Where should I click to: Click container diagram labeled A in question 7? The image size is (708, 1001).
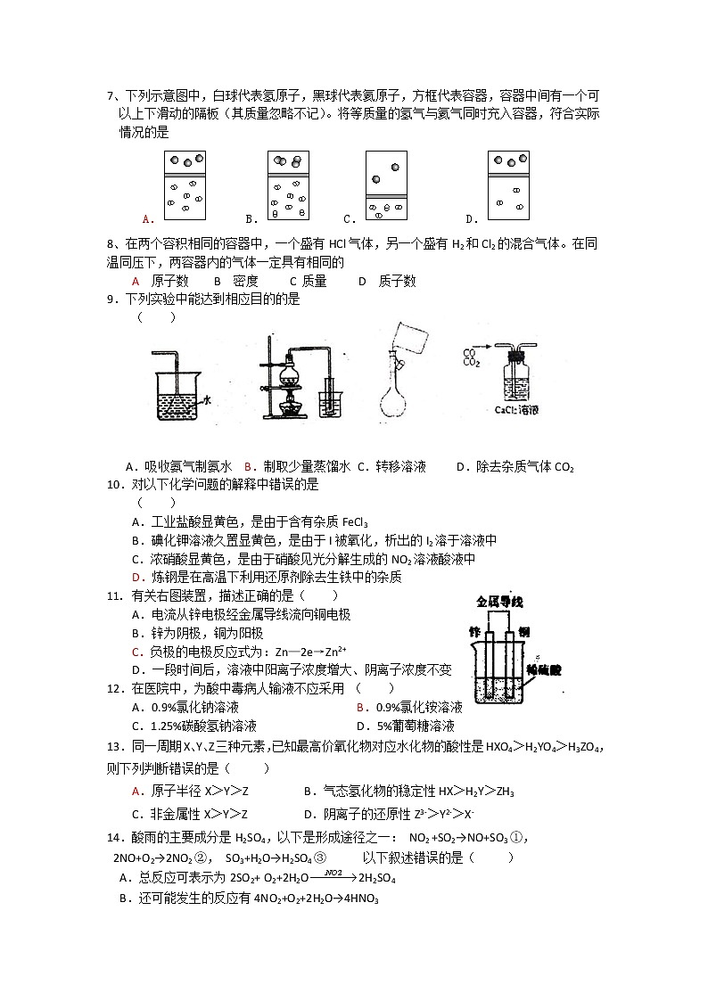(185, 185)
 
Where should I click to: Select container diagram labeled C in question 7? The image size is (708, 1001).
(386, 185)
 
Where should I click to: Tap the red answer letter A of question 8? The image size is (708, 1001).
(136, 281)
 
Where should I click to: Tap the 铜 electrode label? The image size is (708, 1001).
(524, 632)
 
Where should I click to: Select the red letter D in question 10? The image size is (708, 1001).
(136, 577)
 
